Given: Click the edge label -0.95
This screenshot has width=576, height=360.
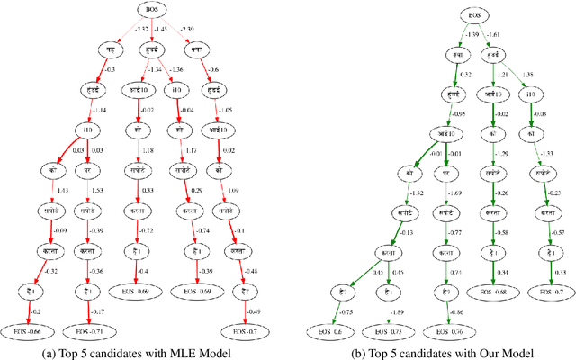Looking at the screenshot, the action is click(x=459, y=113).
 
